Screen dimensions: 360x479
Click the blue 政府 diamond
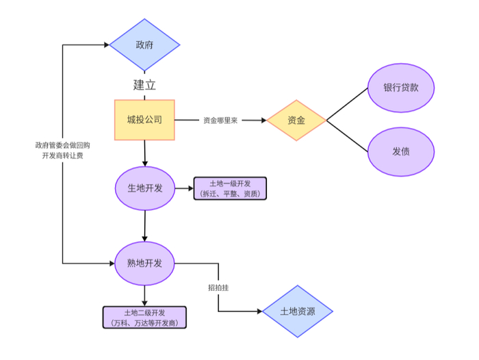[x=144, y=45]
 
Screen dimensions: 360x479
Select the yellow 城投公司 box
[x=144, y=120]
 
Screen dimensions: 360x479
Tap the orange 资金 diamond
[x=296, y=120]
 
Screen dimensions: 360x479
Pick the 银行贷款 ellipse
[x=401, y=88]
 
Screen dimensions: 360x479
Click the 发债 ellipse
[x=401, y=151]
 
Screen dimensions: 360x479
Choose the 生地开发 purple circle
[x=144, y=188]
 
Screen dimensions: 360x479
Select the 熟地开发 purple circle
[x=144, y=263]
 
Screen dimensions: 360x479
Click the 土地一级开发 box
[x=230, y=188]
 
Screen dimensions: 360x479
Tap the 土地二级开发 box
[x=144, y=317]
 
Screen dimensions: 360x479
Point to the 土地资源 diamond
[x=298, y=311]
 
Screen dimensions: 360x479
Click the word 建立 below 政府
[x=144, y=86]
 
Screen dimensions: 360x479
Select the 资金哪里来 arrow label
[x=220, y=120]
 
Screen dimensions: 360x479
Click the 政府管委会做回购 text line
[x=63, y=145]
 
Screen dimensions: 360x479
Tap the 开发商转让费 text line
[x=63, y=156]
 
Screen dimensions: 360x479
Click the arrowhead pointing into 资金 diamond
[x=263, y=120]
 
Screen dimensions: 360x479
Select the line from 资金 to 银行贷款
[x=348, y=105]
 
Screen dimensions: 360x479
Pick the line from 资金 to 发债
[x=348, y=136]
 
